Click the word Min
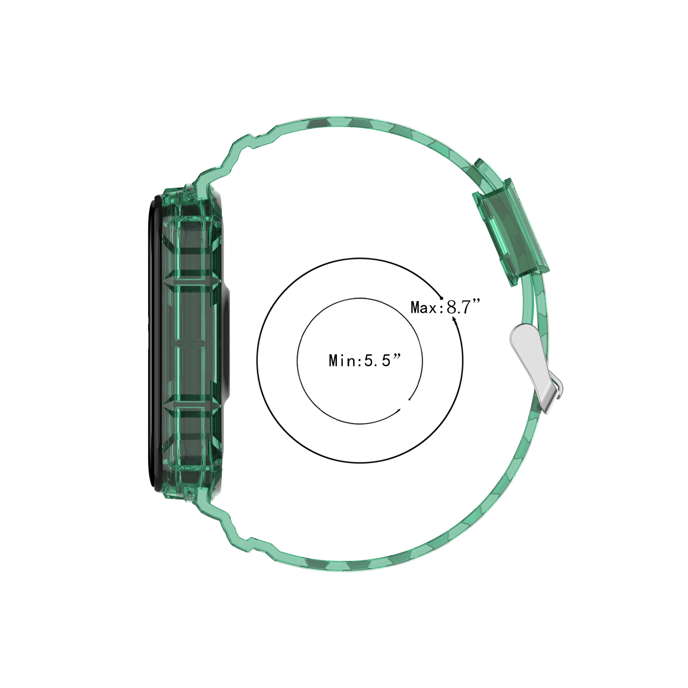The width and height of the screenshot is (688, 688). pos(342,361)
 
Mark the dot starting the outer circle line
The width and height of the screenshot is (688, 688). pos(441,297)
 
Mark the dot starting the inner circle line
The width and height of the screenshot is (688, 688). pos(410,399)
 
